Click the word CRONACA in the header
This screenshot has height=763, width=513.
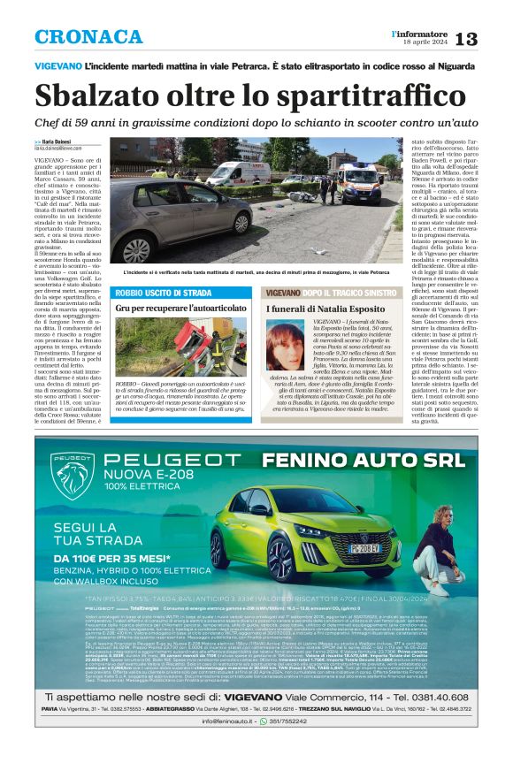click(x=88, y=37)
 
